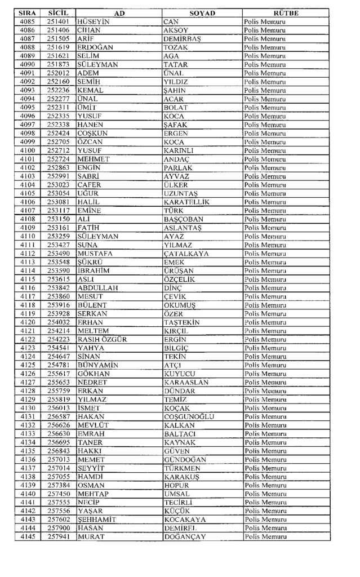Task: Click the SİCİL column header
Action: [58, 13]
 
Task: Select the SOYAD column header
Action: [202, 13]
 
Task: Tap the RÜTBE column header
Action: [286, 13]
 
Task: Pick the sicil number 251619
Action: [58, 47]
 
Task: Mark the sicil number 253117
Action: [58, 210]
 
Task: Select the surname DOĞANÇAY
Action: [185, 536]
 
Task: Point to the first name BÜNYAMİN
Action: [98, 365]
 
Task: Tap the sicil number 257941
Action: [58, 536]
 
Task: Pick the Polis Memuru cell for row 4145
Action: [265, 536]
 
